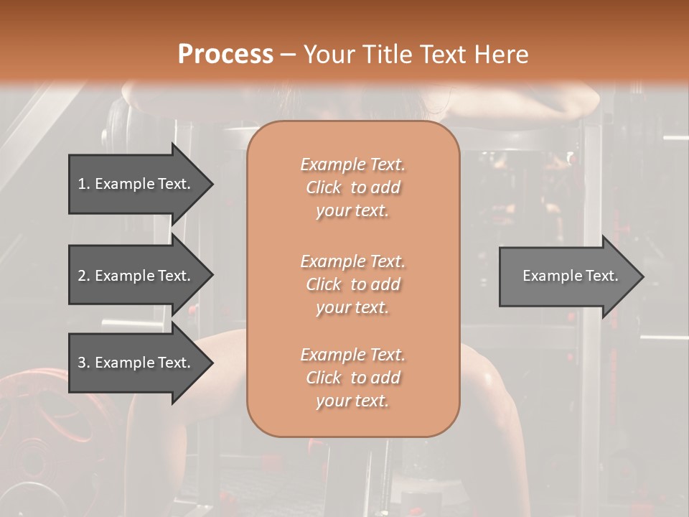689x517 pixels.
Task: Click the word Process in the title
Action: point(225,55)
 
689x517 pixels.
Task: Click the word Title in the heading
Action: point(385,55)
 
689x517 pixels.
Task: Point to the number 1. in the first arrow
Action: point(84,184)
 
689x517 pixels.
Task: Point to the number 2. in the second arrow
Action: point(84,276)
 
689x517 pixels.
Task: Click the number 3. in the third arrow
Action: point(84,363)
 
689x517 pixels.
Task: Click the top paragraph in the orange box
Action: point(352,187)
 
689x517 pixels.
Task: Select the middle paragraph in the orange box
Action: point(352,284)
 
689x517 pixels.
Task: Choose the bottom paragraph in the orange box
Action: point(352,378)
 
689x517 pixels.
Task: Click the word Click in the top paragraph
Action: point(324,187)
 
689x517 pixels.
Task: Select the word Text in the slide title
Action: point(441,55)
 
